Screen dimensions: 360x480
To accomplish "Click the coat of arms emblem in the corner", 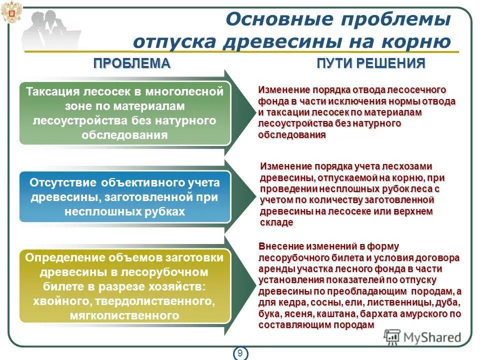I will (8, 12).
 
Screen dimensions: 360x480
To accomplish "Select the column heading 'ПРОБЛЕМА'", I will (132, 63).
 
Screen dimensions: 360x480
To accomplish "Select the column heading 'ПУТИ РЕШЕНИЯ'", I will (371, 63).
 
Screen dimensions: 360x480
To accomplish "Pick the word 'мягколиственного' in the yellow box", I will (125, 316).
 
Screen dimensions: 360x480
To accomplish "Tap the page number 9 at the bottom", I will (240, 353).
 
